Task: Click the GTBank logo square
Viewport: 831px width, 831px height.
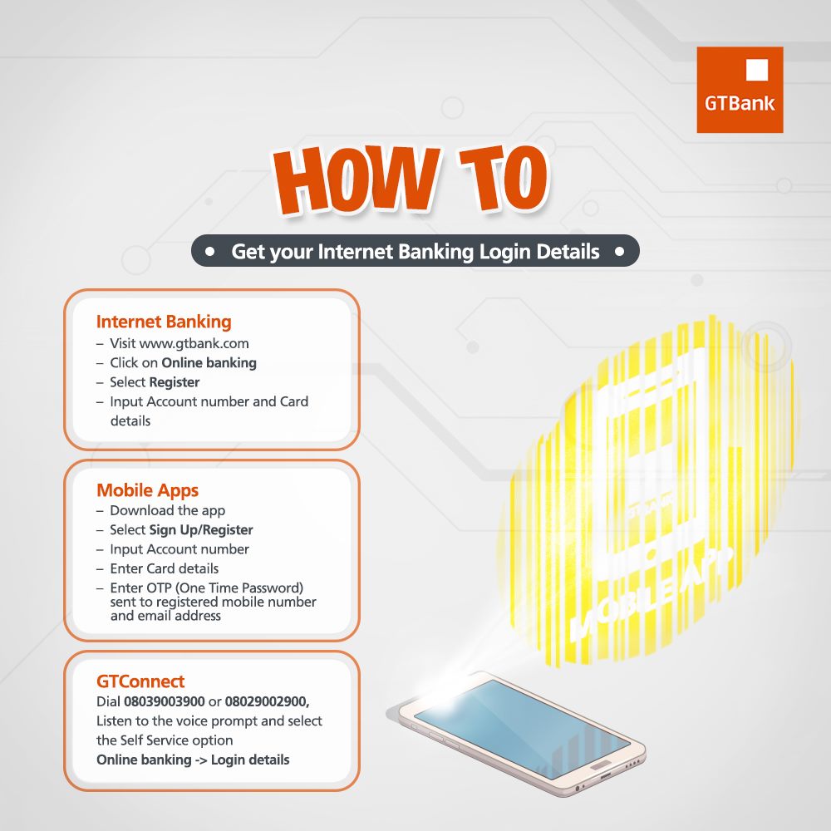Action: [x=740, y=90]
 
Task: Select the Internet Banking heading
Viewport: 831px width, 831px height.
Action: [x=164, y=322]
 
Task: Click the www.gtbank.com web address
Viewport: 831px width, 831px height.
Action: [x=194, y=343]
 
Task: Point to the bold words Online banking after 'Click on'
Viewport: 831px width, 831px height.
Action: [x=209, y=363]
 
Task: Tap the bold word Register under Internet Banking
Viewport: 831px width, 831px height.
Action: [x=175, y=382]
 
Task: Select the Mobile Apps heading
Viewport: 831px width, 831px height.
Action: [x=147, y=490]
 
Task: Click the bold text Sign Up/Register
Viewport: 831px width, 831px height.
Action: [x=201, y=530]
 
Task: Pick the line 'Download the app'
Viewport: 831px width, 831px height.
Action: [x=168, y=510]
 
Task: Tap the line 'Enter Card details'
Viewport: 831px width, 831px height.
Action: [x=165, y=568]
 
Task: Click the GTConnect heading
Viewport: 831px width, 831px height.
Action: [x=140, y=681]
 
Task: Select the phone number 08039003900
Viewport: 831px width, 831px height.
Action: [x=165, y=701]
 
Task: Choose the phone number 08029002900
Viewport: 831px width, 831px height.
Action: [x=267, y=701]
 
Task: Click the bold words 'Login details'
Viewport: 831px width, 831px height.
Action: [x=250, y=760]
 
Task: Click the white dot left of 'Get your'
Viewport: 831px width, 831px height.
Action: [x=210, y=251]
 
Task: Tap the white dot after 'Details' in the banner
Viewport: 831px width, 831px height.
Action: [x=620, y=251]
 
